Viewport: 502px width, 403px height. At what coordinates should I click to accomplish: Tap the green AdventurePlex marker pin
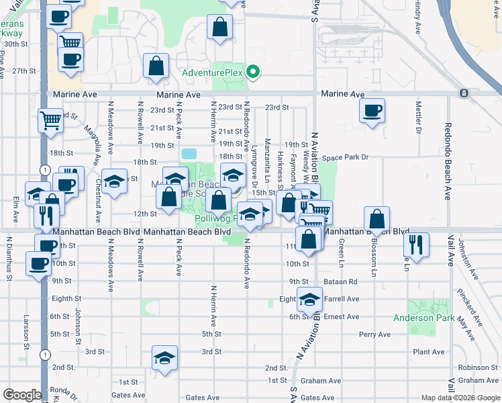(253, 71)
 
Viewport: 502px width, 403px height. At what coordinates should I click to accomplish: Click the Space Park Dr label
(345, 157)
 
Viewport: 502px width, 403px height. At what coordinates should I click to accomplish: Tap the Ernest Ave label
(342, 316)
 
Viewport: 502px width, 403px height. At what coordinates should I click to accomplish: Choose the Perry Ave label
(374, 334)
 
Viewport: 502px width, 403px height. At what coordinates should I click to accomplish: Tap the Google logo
(22, 395)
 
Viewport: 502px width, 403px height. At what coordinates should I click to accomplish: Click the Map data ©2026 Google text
(460, 398)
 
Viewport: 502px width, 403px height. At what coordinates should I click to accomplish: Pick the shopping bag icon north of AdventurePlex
(220, 28)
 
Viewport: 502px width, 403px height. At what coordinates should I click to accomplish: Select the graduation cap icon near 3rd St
(164, 359)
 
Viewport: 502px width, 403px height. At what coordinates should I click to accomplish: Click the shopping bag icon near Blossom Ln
(377, 220)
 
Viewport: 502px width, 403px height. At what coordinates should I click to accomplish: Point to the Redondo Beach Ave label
(447, 161)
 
